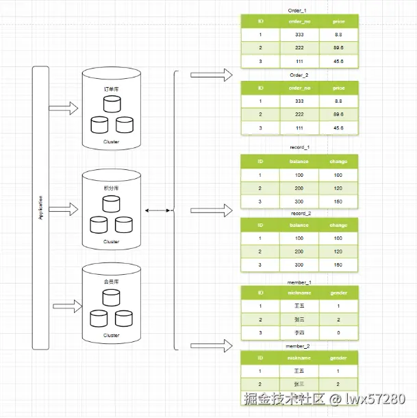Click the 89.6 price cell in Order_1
click(338, 47)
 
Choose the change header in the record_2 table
click(338, 225)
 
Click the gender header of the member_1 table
click(338, 293)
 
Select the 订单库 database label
click(110, 88)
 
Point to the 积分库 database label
click(110, 188)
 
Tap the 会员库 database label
click(110, 282)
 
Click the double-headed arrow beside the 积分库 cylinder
click(157, 210)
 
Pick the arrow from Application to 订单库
click(66, 108)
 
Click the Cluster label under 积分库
click(111, 242)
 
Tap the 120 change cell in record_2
click(338, 251)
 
